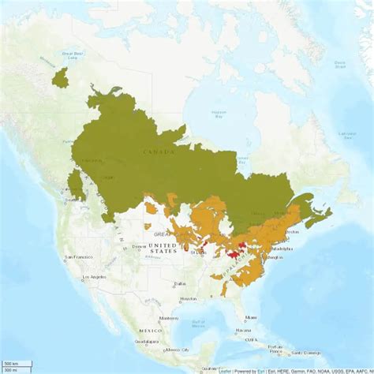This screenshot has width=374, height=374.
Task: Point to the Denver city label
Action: point(139,246)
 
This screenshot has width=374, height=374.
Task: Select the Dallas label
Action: point(180,282)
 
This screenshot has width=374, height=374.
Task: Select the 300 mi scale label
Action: point(11,369)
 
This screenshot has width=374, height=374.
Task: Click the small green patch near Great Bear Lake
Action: point(59,77)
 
